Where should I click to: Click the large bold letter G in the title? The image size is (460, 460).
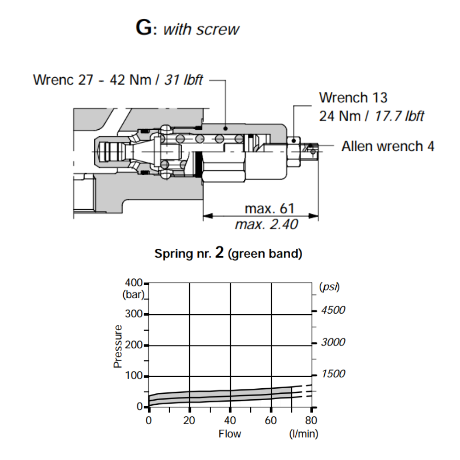coord(144,28)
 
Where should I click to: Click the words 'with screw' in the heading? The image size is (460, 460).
coord(201,29)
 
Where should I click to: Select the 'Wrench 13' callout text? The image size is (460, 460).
coord(353,98)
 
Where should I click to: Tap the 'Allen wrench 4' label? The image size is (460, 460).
coord(388,146)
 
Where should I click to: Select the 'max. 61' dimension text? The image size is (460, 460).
coord(269,208)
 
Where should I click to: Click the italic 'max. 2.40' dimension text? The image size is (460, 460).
coord(266,224)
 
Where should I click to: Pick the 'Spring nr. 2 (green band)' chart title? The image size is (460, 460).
coord(228,253)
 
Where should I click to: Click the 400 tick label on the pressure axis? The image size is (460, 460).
coord(134,283)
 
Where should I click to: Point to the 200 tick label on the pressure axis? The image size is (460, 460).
coord(134,345)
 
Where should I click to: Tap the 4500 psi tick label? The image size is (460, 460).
coord(333,310)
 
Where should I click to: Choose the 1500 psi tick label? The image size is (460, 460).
coord(333,374)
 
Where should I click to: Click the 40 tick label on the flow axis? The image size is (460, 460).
coord(230,420)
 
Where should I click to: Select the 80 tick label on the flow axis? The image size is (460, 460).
coord(311,420)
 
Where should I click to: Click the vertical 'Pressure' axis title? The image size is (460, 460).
coord(118,346)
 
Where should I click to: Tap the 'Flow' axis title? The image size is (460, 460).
coord(230,433)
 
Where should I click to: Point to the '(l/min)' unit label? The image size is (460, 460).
coord(303,433)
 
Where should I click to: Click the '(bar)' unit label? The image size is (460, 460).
coord(133,294)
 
